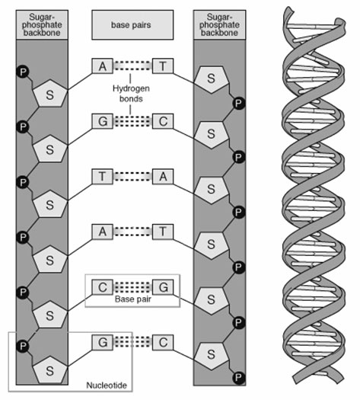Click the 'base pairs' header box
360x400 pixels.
[x=132, y=24]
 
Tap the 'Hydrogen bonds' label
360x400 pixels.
[x=131, y=94]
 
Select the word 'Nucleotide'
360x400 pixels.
[x=107, y=385]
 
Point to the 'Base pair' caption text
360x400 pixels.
[x=132, y=299]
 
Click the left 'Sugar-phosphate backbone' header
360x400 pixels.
[x=42, y=24]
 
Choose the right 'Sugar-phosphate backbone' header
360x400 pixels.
[x=220, y=24]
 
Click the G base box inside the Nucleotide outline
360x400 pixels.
[x=103, y=342]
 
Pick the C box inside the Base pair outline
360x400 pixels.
[x=103, y=287]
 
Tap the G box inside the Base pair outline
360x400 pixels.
[x=163, y=287]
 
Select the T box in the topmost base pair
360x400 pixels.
[x=163, y=66]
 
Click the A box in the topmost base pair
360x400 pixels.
[x=103, y=66]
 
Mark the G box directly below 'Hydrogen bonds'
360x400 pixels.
[x=103, y=121]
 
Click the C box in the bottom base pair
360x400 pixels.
[x=163, y=342]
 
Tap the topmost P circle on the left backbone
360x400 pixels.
[x=23, y=72]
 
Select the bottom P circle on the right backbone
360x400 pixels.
[x=239, y=377]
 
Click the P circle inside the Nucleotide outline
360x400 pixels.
[x=23, y=346]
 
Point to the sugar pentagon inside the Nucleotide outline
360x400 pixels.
[x=50, y=370]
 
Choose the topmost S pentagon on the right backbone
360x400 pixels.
[x=212, y=79]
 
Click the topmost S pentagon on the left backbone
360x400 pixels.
[x=50, y=94]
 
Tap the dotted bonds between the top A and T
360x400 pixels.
[x=132, y=66]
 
